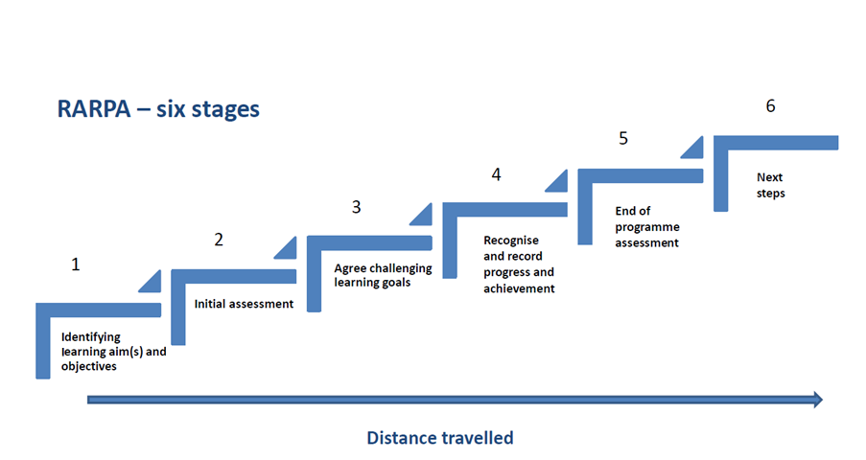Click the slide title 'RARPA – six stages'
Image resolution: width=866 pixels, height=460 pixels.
pyautogui.click(x=158, y=109)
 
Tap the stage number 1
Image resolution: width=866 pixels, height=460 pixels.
pyautogui.click(x=76, y=264)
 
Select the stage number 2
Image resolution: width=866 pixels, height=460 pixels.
pyautogui.click(x=219, y=240)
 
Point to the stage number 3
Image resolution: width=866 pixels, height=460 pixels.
pyautogui.click(x=356, y=207)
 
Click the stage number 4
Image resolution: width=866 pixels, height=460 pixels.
pyautogui.click(x=497, y=174)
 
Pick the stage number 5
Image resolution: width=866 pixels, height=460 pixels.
pyautogui.click(x=623, y=138)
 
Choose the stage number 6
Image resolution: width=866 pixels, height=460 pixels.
pyautogui.click(x=770, y=105)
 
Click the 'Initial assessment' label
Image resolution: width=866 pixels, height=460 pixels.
pyautogui.click(x=244, y=304)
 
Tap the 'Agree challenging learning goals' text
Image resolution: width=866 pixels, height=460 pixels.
pyautogui.click(x=383, y=275)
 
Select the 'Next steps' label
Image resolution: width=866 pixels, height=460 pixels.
pyautogui.click(x=770, y=185)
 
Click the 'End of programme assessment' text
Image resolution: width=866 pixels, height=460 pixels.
pyautogui.click(x=647, y=226)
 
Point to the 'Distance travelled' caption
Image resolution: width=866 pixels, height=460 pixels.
pyautogui.click(x=440, y=438)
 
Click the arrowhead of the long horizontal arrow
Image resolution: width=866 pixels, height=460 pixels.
pyautogui.click(x=818, y=400)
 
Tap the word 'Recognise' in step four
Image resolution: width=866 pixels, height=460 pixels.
pyautogui.click(x=511, y=241)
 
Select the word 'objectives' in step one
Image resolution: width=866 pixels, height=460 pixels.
pyautogui.click(x=89, y=366)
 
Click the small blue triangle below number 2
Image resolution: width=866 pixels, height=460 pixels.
pyautogui.click(x=287, y=248)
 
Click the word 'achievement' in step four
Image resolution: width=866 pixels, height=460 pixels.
pyautogui.click(x=519, y=288)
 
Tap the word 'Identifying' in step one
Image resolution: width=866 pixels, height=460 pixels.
pyautogui.click(x=90, y=337)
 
